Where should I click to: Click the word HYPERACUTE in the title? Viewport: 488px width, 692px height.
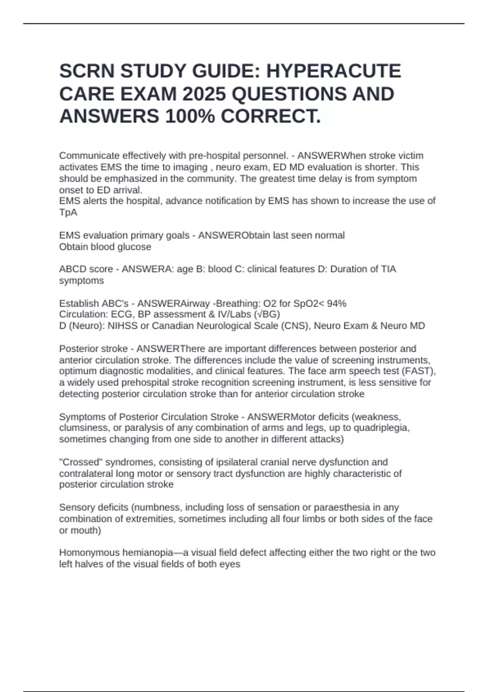[333, 71]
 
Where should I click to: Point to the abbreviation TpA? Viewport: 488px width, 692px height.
[68, 212]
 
